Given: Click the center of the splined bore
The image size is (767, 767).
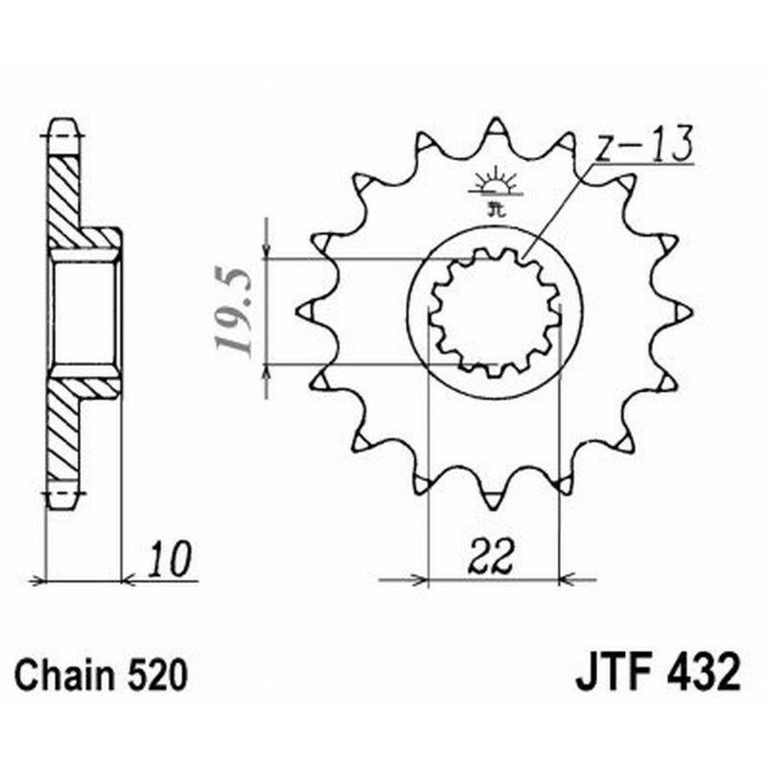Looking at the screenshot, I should click(495, 312).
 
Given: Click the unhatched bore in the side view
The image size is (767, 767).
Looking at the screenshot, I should click(84, 312).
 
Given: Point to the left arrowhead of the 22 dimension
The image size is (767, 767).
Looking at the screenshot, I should click(418, 579).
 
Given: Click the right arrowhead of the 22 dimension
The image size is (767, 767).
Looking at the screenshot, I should click(567, 579).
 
